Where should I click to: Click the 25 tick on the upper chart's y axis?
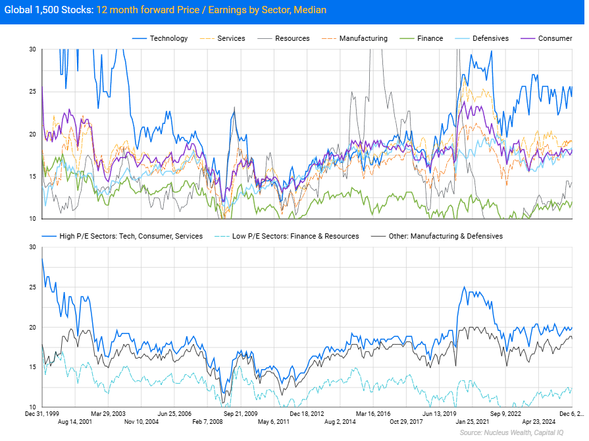32,92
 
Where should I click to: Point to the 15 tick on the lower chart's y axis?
32,367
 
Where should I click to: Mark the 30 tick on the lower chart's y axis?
32,247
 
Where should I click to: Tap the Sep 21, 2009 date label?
242,413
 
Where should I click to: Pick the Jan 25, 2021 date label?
473,422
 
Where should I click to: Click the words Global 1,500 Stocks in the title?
49,11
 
